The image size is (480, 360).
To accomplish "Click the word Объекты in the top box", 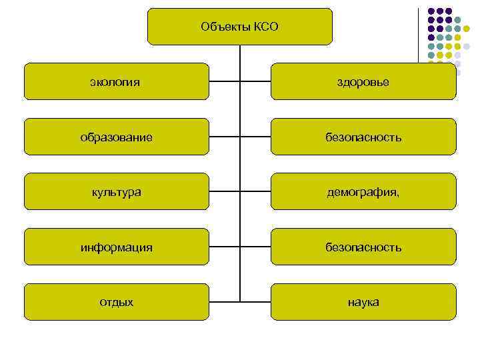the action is pos(225,27).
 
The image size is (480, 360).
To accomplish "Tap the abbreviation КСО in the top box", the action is pos(265,27).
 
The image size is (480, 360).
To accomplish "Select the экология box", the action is pos(116,82).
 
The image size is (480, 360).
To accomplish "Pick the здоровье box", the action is pos(363,82).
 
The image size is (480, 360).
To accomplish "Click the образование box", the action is pos(116,137).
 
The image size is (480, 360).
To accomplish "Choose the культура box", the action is pos(116,192).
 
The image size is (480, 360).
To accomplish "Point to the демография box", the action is pos(363,192).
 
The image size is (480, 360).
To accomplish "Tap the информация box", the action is pos(116,247).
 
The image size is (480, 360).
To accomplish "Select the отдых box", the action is pos(116,302).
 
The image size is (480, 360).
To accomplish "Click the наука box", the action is pos(363,302).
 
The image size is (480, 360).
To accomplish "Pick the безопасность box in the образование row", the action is pos(363,137).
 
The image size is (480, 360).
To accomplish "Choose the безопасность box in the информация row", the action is pos(363,247).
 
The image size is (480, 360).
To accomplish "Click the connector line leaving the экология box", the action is pos(224,82).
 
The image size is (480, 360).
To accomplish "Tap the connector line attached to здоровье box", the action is pos(255,82).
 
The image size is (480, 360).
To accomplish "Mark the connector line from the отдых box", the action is pos(224,302).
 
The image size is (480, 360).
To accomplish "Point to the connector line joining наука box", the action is pos(255,302).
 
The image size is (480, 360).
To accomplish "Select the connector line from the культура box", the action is pos(224,192).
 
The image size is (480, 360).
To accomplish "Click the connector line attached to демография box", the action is pos(255,192).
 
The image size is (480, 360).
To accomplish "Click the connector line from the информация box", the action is pos(224,247).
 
